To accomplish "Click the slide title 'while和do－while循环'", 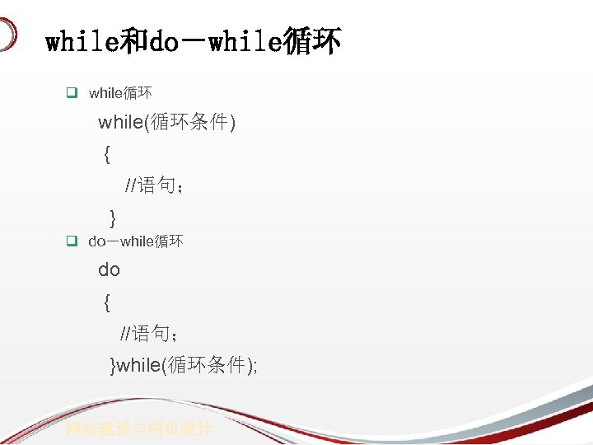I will pos(193,41).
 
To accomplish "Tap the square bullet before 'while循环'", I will pos(72,93).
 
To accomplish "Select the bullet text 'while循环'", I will pos(120,93).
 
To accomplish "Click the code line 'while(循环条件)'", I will pos(167,123).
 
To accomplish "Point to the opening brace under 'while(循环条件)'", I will pos(107,154).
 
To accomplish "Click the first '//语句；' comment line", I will pos(154,185).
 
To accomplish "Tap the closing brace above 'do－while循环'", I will pos(113,218).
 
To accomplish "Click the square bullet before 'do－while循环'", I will pos(72,241).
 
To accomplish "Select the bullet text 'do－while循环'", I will pos(136,241).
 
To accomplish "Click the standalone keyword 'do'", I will pos(110,269).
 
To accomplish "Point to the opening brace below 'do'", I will pos(107,303).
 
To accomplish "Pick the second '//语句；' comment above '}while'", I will pos(150,334).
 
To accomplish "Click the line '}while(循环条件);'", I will pos(184,365).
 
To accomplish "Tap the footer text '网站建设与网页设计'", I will pos(139,429).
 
